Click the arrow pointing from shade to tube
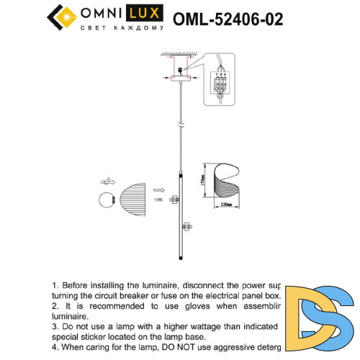[157, 192]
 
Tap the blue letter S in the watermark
[337, 319]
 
